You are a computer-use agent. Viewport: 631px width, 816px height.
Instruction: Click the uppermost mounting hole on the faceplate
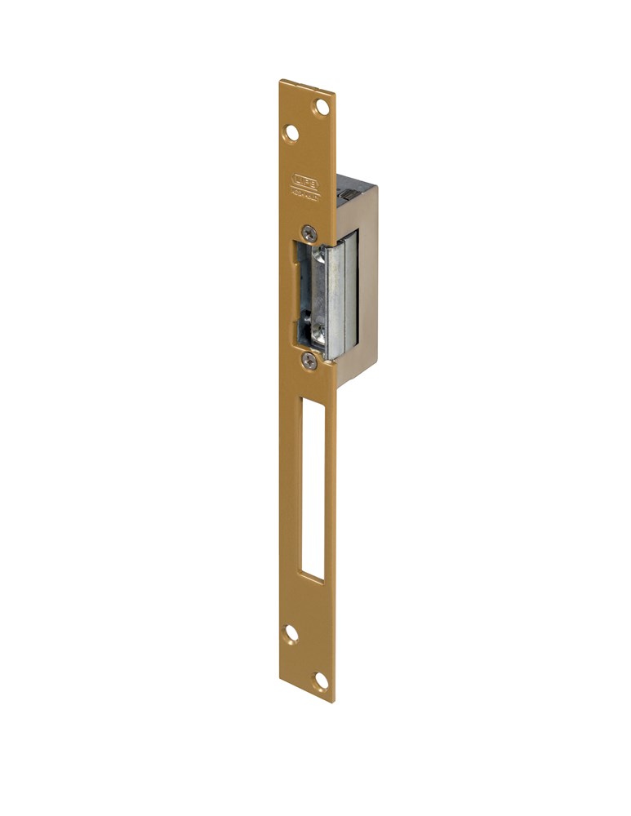coord(322,106)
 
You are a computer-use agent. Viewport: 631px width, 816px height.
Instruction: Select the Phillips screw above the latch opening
coord(307,232)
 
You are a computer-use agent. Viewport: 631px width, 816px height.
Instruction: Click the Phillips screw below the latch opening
coord(308,359)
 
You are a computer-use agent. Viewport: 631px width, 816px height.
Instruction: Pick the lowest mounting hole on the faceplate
coord(322,679)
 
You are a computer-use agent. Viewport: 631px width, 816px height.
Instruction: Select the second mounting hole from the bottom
coord(291,632)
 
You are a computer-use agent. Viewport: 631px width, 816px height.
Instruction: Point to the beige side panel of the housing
coord(367,286)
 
